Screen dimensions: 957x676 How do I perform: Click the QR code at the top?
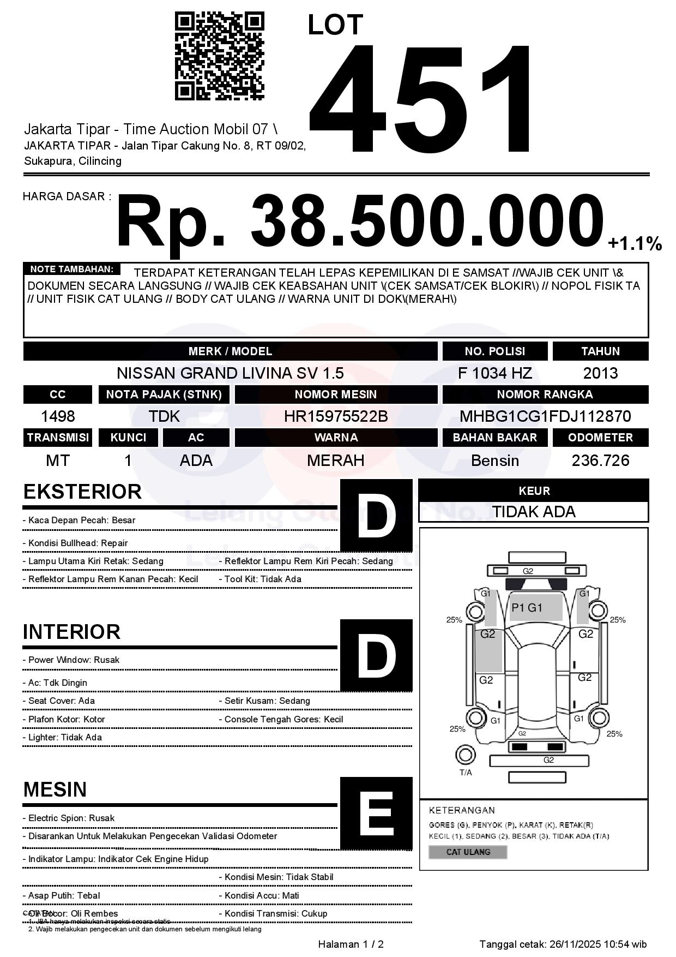click(x=219, y=57)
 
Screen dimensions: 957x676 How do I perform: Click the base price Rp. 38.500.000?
click(x=360, y=222)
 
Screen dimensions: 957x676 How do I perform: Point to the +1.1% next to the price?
click(x=635, y=243)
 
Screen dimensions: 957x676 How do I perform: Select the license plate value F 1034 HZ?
click(x=494, y=373)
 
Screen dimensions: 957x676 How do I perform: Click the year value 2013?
click(x=600, y=373)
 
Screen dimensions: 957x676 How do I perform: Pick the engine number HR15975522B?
click(x=336, y=416)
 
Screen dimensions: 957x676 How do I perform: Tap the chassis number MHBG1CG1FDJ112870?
click(x=545, y=416)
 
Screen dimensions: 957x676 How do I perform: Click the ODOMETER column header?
click(x=600, y=438)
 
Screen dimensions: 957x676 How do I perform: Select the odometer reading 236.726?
click(x=600, y=460)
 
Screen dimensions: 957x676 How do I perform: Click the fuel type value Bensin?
click(x=494, y=460)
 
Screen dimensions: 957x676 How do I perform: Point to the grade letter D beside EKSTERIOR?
click(x=376, y=515)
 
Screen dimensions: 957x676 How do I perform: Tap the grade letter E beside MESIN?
click(x=376, y=814)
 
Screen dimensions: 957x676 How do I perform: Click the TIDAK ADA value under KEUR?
click(x=534, y=512)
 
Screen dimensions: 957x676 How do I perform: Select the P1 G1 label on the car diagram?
click(x=527, y=608)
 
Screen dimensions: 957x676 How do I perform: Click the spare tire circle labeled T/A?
click(x=466, y=755)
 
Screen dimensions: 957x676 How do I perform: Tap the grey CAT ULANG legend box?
click(x=468, y=852)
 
